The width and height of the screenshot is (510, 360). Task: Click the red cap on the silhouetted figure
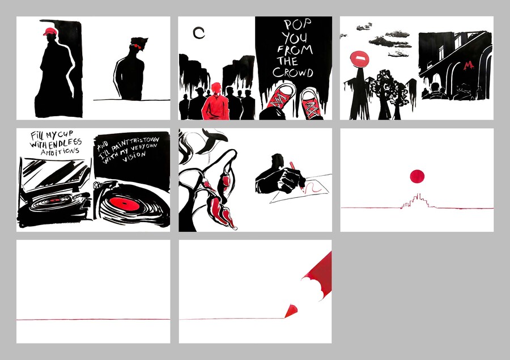click(x=50, y=32)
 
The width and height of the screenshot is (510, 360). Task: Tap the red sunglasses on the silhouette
click(x=137, y=46)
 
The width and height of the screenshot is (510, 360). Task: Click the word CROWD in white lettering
click(x=293, y=72)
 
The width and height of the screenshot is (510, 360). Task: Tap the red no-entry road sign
click(x=359, y=58)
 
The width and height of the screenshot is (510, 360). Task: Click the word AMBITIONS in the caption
click(x=60, y=151)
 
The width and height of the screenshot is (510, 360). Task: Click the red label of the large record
click(x=124, y=204)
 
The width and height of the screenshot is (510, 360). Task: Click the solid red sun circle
click(x=417, y=176)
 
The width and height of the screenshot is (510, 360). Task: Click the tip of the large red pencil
click(x=285, y=317)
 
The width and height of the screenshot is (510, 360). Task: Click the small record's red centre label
click(x=55, y=200)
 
